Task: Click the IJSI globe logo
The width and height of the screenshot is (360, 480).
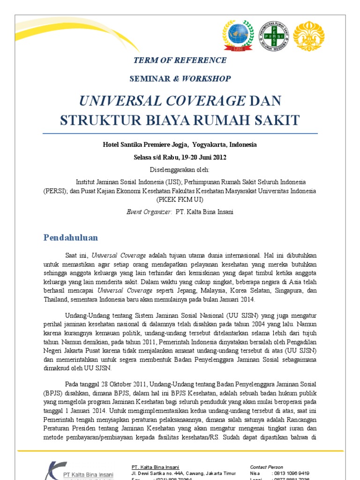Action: coord(240,36)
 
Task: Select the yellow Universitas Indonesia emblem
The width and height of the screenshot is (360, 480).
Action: coord(308,36)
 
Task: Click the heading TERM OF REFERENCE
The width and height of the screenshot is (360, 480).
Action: coord(180,60)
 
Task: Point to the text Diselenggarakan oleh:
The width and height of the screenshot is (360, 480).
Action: coord(180,169)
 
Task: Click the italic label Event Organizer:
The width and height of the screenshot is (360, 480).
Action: coord(149,212)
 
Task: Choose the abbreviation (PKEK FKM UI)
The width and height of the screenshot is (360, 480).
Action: coord(180,199)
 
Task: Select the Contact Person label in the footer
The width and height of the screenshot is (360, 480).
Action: coord(266,467)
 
